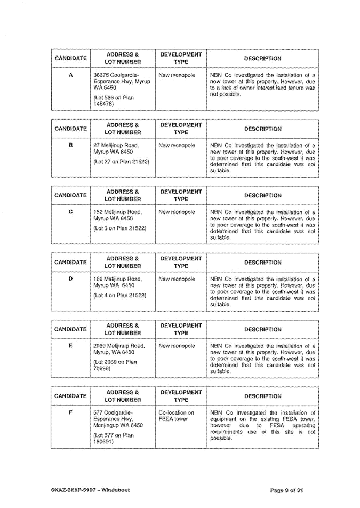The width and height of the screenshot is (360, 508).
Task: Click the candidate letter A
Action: click(70, 75)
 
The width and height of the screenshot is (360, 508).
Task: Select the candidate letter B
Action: click(70, 145)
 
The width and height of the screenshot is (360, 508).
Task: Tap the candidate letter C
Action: click(70, 212)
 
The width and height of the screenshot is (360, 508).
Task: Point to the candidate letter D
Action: click(70, 279)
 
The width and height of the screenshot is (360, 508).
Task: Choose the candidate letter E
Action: click(70, 345)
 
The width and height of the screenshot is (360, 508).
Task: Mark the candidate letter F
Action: click(70, 412)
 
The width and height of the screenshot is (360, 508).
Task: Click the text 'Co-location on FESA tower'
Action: click(177, 416)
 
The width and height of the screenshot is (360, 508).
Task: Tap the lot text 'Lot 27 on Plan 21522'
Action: click(121, 161)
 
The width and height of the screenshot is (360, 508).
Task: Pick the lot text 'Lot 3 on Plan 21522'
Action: click(119, 228)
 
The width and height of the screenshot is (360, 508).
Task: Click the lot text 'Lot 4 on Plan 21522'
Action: click(119, 295)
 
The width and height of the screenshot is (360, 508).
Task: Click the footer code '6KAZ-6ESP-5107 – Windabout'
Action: click(87, 489)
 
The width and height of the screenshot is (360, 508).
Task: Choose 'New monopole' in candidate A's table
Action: click(177, 75)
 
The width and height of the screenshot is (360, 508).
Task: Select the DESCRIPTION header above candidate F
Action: click(262, 396)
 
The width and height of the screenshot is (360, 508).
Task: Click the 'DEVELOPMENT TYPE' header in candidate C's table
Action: click(181, 195)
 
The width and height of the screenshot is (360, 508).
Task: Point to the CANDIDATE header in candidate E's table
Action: click(71, 329)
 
